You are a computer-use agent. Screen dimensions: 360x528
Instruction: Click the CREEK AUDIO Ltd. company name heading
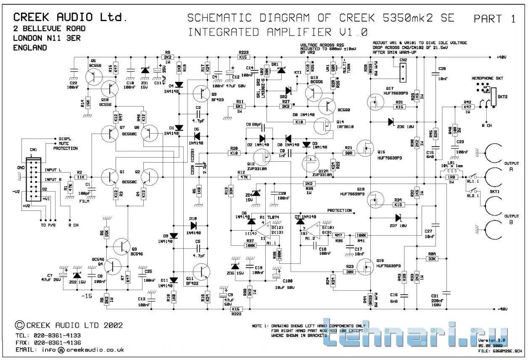pos(70,17)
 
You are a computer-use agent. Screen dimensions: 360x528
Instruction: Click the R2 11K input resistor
pos(79,177)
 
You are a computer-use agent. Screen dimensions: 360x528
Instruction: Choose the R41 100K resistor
pos(361,235)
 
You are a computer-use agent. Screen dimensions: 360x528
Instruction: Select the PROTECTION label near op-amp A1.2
pos(339,210)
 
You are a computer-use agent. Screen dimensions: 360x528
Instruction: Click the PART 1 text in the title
pos(494,19)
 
